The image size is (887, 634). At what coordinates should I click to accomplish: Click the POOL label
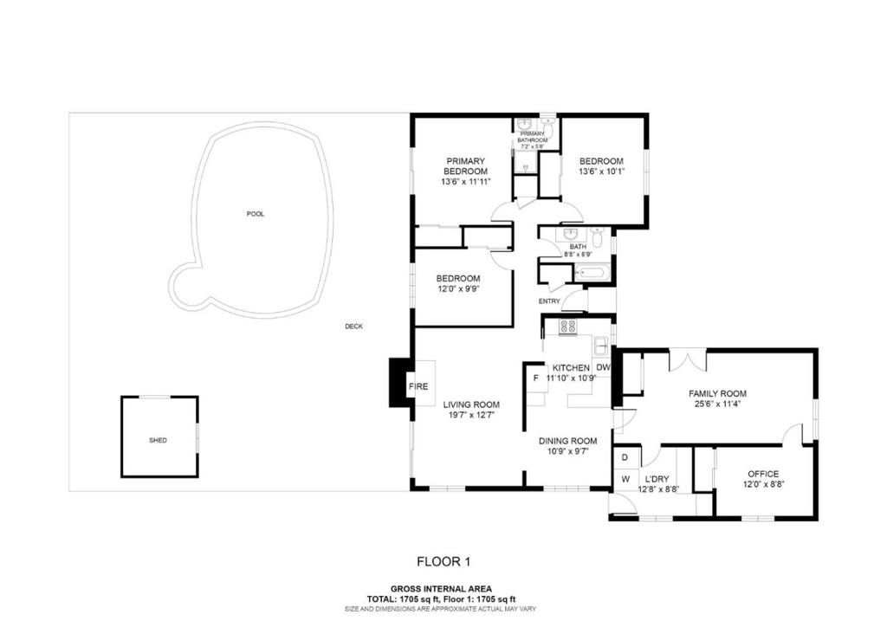(255, 214)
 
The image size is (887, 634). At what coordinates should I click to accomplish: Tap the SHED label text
(158, 440)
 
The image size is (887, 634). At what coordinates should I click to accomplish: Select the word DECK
(353, 327)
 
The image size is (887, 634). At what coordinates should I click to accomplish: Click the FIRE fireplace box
(418, 387)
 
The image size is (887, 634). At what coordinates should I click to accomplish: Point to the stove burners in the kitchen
(568, 327)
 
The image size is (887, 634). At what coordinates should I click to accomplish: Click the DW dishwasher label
(603, 368)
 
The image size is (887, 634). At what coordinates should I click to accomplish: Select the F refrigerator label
(535, 378)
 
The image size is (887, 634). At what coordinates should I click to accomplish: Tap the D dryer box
(625, 456)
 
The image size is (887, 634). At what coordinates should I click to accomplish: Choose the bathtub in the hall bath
(594, 274)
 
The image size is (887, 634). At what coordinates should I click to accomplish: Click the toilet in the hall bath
(596, 236)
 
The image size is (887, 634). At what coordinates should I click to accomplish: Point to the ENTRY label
(549, 301)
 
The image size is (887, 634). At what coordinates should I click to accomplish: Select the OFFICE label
(762, 474)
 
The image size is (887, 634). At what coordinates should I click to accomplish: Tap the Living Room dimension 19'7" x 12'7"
(471, 416)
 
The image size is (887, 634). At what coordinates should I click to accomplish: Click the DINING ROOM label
(567, 440)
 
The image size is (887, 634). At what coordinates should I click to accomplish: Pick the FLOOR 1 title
(443, 561)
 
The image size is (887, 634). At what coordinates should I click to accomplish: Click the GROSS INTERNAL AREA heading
(442, 589)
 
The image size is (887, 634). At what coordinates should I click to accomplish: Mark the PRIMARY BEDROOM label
(465, 165)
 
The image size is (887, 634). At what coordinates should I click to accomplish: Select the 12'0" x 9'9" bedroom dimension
(458, 289)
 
